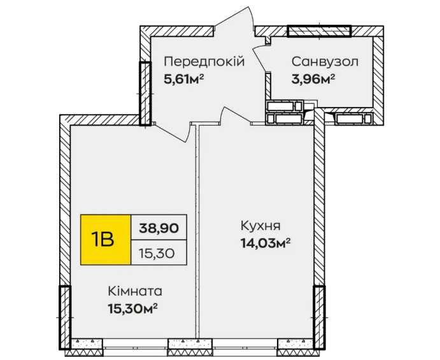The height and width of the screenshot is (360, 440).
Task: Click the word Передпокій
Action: click(204, 62)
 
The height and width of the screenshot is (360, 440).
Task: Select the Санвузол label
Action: click(325, 62)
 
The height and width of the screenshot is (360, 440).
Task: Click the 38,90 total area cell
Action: click(159, 227)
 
